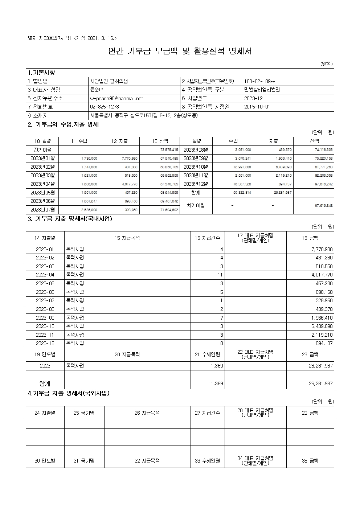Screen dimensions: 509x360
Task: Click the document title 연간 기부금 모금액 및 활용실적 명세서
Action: [180, 51]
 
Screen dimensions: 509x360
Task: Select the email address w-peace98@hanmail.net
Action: [116, 98]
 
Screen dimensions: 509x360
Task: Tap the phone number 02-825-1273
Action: [104, 107]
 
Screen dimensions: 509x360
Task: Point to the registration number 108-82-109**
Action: [259, 81]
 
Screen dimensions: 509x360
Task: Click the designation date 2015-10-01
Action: [257, 107]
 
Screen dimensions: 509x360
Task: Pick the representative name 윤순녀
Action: [97, 90]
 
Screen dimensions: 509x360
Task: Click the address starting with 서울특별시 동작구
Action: [144, 116]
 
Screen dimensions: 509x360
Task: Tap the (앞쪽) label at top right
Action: [326, 64]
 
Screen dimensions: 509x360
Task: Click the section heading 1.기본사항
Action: [41, 73]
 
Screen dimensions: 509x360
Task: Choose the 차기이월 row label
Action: [196, 205]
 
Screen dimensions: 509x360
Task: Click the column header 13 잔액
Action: [160, 141]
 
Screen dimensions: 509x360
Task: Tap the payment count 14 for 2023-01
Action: [220, 250]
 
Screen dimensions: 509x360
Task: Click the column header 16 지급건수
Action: [207, 238]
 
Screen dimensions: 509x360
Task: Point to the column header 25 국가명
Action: [84, 413]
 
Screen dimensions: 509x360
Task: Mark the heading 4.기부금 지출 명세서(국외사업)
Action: [69, 393]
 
